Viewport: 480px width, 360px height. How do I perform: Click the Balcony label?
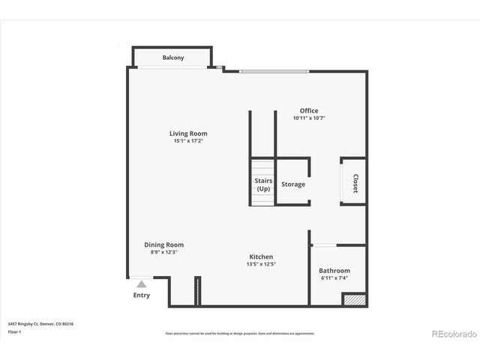[x=173, y=58]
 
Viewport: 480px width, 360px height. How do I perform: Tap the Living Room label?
[x=188, y=133]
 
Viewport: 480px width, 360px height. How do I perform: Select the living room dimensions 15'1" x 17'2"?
[x=188, y=141]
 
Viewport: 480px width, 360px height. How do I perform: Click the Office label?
[x=309, y=110]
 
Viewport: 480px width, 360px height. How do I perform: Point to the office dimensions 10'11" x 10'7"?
[x=309, y=118]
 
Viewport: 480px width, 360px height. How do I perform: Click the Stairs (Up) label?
[x=263, y=184]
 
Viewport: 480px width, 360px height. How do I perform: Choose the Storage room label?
[x=293, y=184]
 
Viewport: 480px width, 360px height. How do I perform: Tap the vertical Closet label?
[x=355, y=184]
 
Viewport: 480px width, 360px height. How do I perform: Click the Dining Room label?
[x=164, y=244]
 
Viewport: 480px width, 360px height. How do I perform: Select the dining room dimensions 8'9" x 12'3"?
[x=164, y=252]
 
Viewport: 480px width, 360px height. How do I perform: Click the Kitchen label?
[x=261, y=256]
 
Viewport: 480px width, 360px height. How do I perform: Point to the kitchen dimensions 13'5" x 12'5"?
[x=261, y=264]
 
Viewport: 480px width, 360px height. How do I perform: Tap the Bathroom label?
[x=334, y=271]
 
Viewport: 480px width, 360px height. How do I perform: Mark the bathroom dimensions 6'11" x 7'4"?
[x=334, y=278]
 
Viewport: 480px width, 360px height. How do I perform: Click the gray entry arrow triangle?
[x=141, y=284]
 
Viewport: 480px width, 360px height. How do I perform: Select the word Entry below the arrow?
[x=141, y=295]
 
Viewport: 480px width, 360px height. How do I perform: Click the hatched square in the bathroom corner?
[x=352, y=299]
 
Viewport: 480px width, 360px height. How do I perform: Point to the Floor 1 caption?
[x=15, y=331]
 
